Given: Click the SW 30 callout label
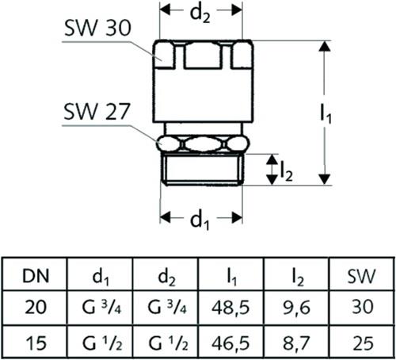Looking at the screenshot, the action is coord(97,29).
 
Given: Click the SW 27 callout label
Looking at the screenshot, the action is coord(97,112).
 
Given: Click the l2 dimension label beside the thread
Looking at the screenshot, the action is coord(287,172).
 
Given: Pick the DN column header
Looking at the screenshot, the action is coord(36,276).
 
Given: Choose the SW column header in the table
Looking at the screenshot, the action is coord(361,277).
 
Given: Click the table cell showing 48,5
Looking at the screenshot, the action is coord(230,308).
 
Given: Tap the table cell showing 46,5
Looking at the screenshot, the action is coord(230,343).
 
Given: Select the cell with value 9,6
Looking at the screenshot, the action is coord(296,308).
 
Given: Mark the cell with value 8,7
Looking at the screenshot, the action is coord(296,343).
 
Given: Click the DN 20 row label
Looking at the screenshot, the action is coord(36,307).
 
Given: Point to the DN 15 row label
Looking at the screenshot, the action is coord(36,343).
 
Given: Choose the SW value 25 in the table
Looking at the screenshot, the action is coord(363,343).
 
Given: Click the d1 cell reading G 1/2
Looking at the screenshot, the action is coord(102,343).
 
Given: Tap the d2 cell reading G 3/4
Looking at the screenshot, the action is coord(167,308).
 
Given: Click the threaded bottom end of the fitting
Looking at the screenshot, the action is coord(202,169).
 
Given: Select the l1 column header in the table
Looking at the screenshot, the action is coord(231,277).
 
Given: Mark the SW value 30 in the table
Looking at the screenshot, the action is coord(363,307).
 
